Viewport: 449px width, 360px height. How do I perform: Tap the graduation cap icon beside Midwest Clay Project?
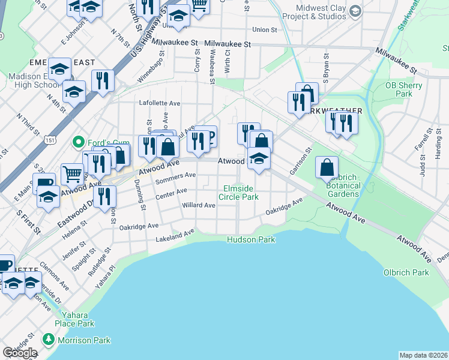pyautogui.click(x=355, y=11)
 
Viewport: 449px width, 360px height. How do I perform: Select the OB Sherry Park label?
pyautogui.click(x=408, y=89)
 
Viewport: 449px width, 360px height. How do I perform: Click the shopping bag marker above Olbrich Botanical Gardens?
pyautogui.click(x=327, y=167)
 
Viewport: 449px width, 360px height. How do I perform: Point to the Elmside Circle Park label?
pyautogui.click(x=241, y=192)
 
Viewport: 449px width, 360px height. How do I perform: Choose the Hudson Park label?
pyautogui.click(x=251, y=239)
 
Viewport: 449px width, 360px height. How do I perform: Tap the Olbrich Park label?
pyautogui.click(x=406, y=272)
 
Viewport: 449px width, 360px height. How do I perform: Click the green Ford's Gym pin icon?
pyautogui.click(x=77, y=142)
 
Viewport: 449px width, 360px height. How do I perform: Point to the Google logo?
pyautogui.click(x=20, y=353)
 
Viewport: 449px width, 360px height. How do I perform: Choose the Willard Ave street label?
pyautogui.click(x=199, y=205)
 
